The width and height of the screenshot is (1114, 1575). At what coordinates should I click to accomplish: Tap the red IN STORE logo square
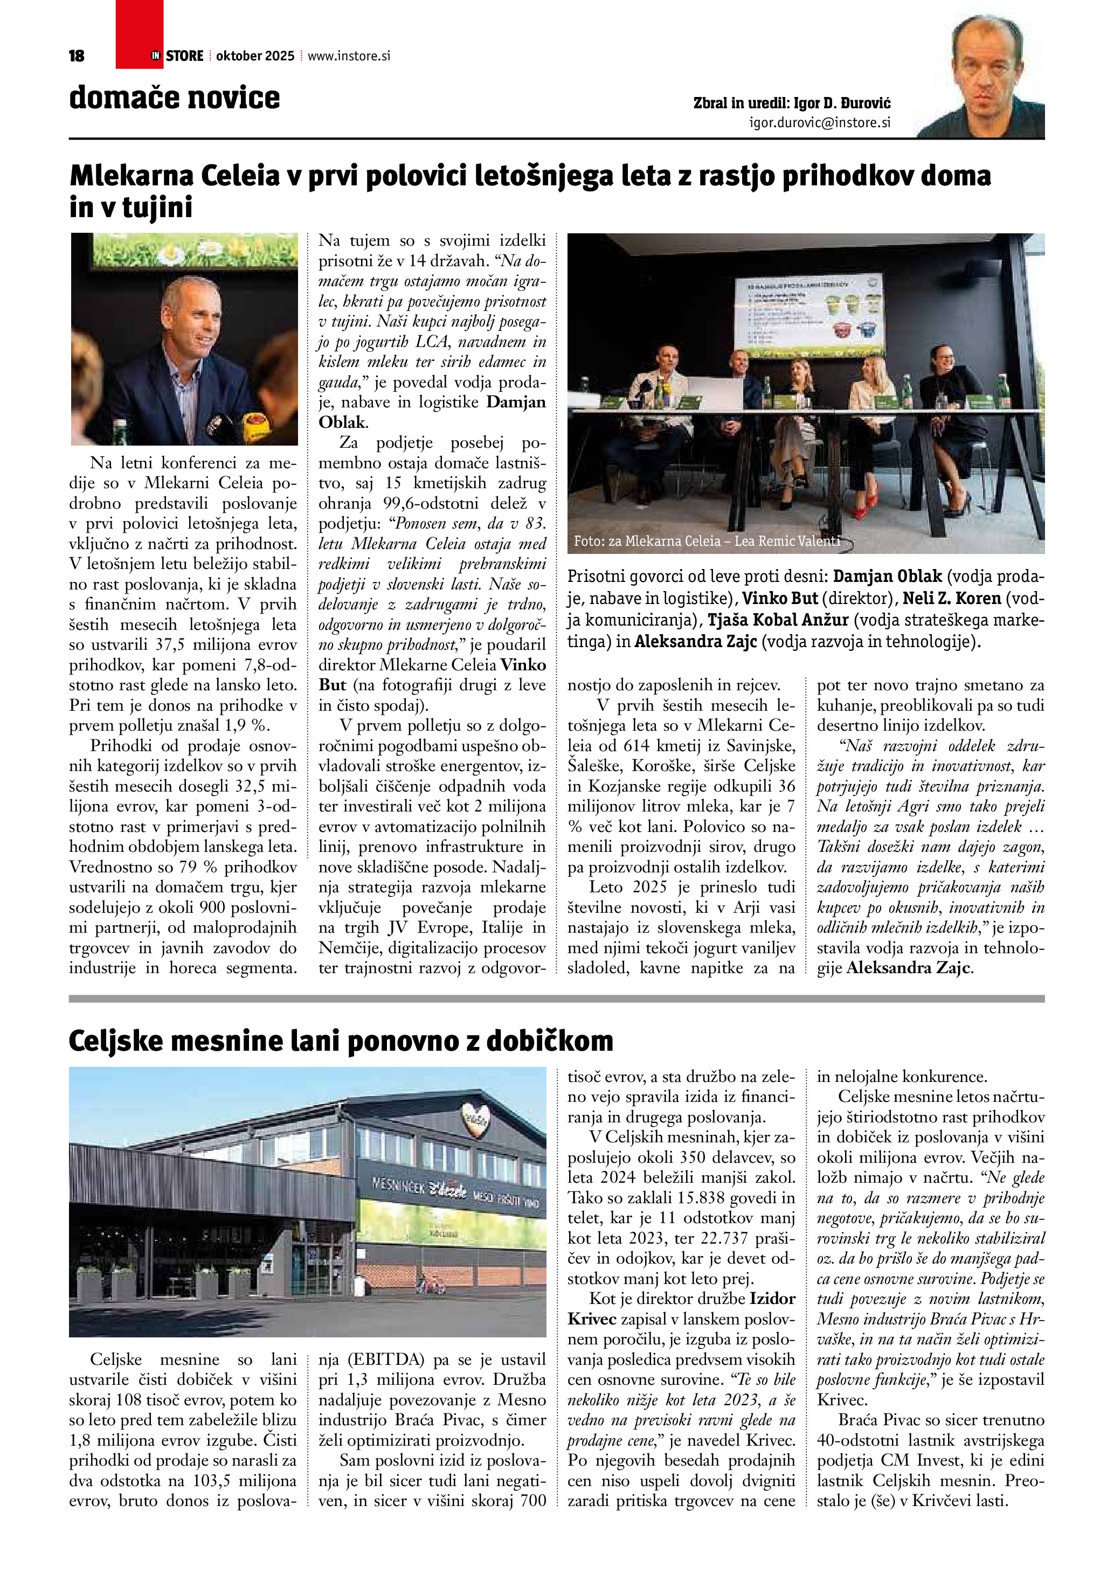coord(139,34)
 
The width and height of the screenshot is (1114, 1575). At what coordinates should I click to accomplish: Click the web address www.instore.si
coord(349,56)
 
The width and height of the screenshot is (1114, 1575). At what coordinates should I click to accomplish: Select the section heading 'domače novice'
coord(174,98)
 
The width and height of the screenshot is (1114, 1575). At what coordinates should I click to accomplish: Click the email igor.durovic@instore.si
coord(820,123)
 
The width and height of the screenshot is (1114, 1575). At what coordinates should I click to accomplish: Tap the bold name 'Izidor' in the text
coord(772,1298)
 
